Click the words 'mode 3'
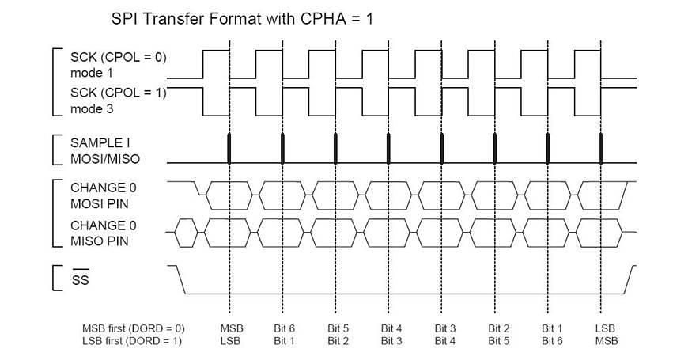point(88,109)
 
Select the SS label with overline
point(80,280)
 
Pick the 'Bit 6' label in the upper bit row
point(285,328)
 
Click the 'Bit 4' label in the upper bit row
point(391,328)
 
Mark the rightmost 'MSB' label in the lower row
point(606,340)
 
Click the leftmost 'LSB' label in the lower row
point(231,340)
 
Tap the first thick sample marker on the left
point(229,149)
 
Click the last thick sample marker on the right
point(601,149)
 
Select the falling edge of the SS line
point(179,279)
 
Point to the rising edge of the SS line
point(630,279)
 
